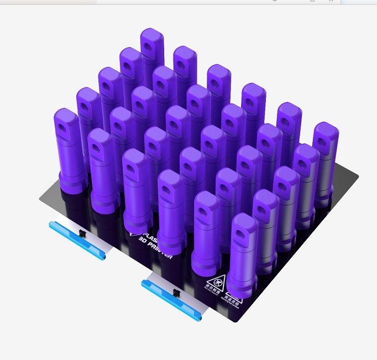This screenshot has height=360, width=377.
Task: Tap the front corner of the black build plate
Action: coord(239,322)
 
